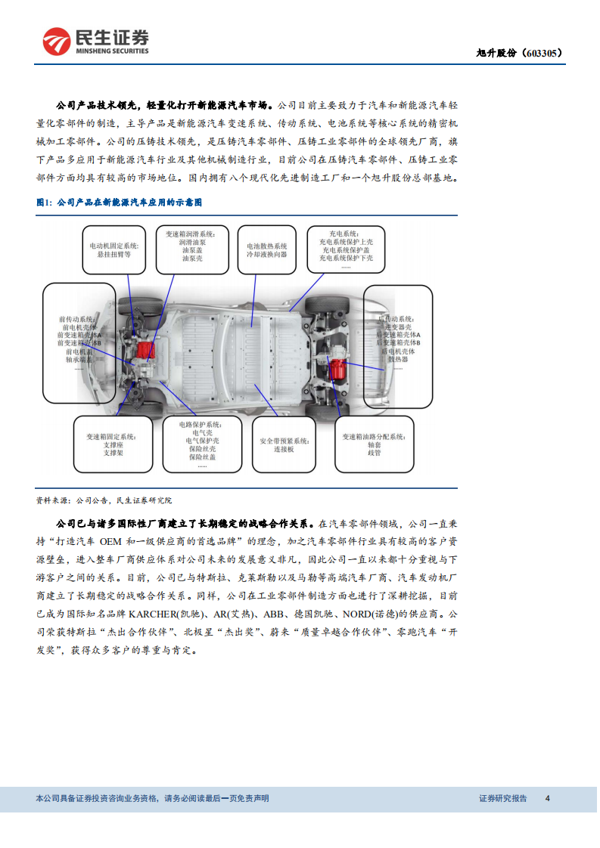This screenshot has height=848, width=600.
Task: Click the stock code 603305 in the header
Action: [x=543, y=54]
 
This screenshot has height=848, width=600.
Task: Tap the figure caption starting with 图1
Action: [x=119, y=203]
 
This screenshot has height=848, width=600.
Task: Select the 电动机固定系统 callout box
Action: [x=116, y=250]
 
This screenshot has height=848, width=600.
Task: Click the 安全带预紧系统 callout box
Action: [x=283, y=444]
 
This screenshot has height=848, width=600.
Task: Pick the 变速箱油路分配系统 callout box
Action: [x=374, y=444]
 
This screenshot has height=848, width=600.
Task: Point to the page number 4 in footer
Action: [x=548, y=798]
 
